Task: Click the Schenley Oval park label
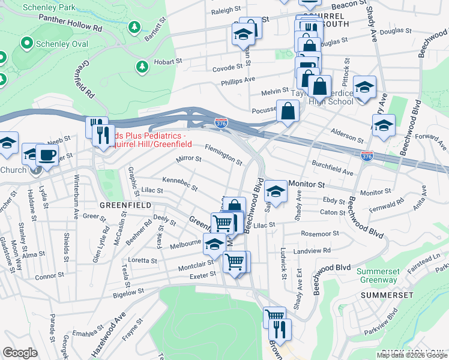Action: tap(62, 44)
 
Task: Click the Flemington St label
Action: tap(223, 154)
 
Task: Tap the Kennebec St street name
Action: tap(180, 184)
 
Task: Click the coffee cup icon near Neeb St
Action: tap(47, 155)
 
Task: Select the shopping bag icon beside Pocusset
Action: tap(288, 110)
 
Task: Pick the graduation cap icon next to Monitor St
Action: tap(275, 191)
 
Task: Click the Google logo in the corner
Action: tap(20, 353)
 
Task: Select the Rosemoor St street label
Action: tap(320, 233)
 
